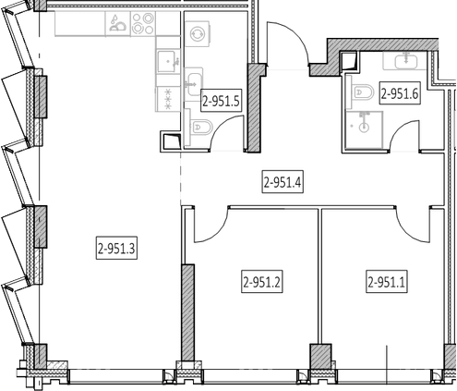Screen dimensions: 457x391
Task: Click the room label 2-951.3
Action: tap(116, 248)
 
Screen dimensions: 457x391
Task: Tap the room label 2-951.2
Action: tap(262, 281)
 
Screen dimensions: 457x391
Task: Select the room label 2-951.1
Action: tap(387, 281)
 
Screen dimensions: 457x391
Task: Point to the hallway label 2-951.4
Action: tap(283, 182)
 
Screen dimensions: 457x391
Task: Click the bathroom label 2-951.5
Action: tap(221, 100)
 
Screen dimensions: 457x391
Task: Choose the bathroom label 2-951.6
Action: tap(400, 92)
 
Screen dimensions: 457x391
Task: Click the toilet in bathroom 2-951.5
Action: tap(201, 128)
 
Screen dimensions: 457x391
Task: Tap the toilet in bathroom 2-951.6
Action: tap(363, 92)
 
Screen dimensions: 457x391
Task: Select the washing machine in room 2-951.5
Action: tap(198, 33)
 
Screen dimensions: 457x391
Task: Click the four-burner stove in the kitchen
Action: tap(143, 23)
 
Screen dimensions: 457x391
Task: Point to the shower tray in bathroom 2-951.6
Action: tap(364, 129)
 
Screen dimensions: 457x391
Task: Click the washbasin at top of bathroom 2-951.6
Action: tap(405, 60)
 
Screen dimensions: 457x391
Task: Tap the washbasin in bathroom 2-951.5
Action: tap(194, 84)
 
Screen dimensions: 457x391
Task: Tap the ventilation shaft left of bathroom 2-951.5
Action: tap(171, 141)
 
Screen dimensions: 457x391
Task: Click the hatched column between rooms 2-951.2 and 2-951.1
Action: tap(320, 357)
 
